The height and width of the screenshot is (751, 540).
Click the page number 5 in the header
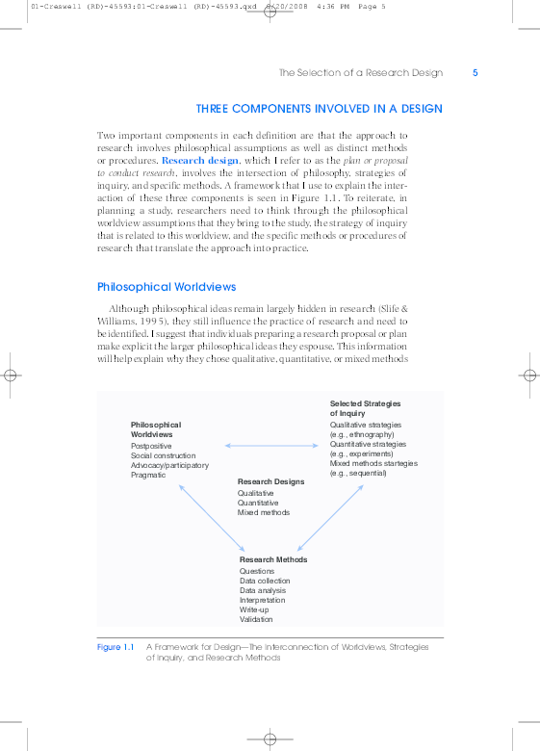[476, 73]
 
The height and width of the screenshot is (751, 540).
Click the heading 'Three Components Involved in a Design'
[319, 109]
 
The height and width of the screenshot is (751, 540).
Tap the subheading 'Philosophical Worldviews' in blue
[167, 287]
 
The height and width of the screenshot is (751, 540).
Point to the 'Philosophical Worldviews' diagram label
[156, 429]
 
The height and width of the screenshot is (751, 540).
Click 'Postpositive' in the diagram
[151, 446]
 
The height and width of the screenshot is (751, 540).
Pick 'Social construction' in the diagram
[163, 455]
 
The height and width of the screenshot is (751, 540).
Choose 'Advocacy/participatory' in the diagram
[169, 465]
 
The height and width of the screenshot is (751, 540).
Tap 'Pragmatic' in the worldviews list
[148, 475]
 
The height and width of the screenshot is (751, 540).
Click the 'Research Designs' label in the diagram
[270, 481]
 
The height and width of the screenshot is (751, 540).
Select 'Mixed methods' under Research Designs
[264, 512]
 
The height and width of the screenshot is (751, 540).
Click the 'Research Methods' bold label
[273, 559]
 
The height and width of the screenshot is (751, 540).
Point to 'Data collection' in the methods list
[265, 581]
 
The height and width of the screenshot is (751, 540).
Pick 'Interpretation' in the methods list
[263, 600]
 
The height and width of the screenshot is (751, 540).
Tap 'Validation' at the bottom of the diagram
[257, 619]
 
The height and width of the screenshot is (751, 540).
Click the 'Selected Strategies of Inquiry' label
[365, 408]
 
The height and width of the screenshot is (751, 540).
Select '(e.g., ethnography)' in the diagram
[366, 434]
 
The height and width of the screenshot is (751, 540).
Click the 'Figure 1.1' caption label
[116, 647]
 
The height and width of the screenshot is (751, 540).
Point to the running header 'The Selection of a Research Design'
[361, 73]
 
